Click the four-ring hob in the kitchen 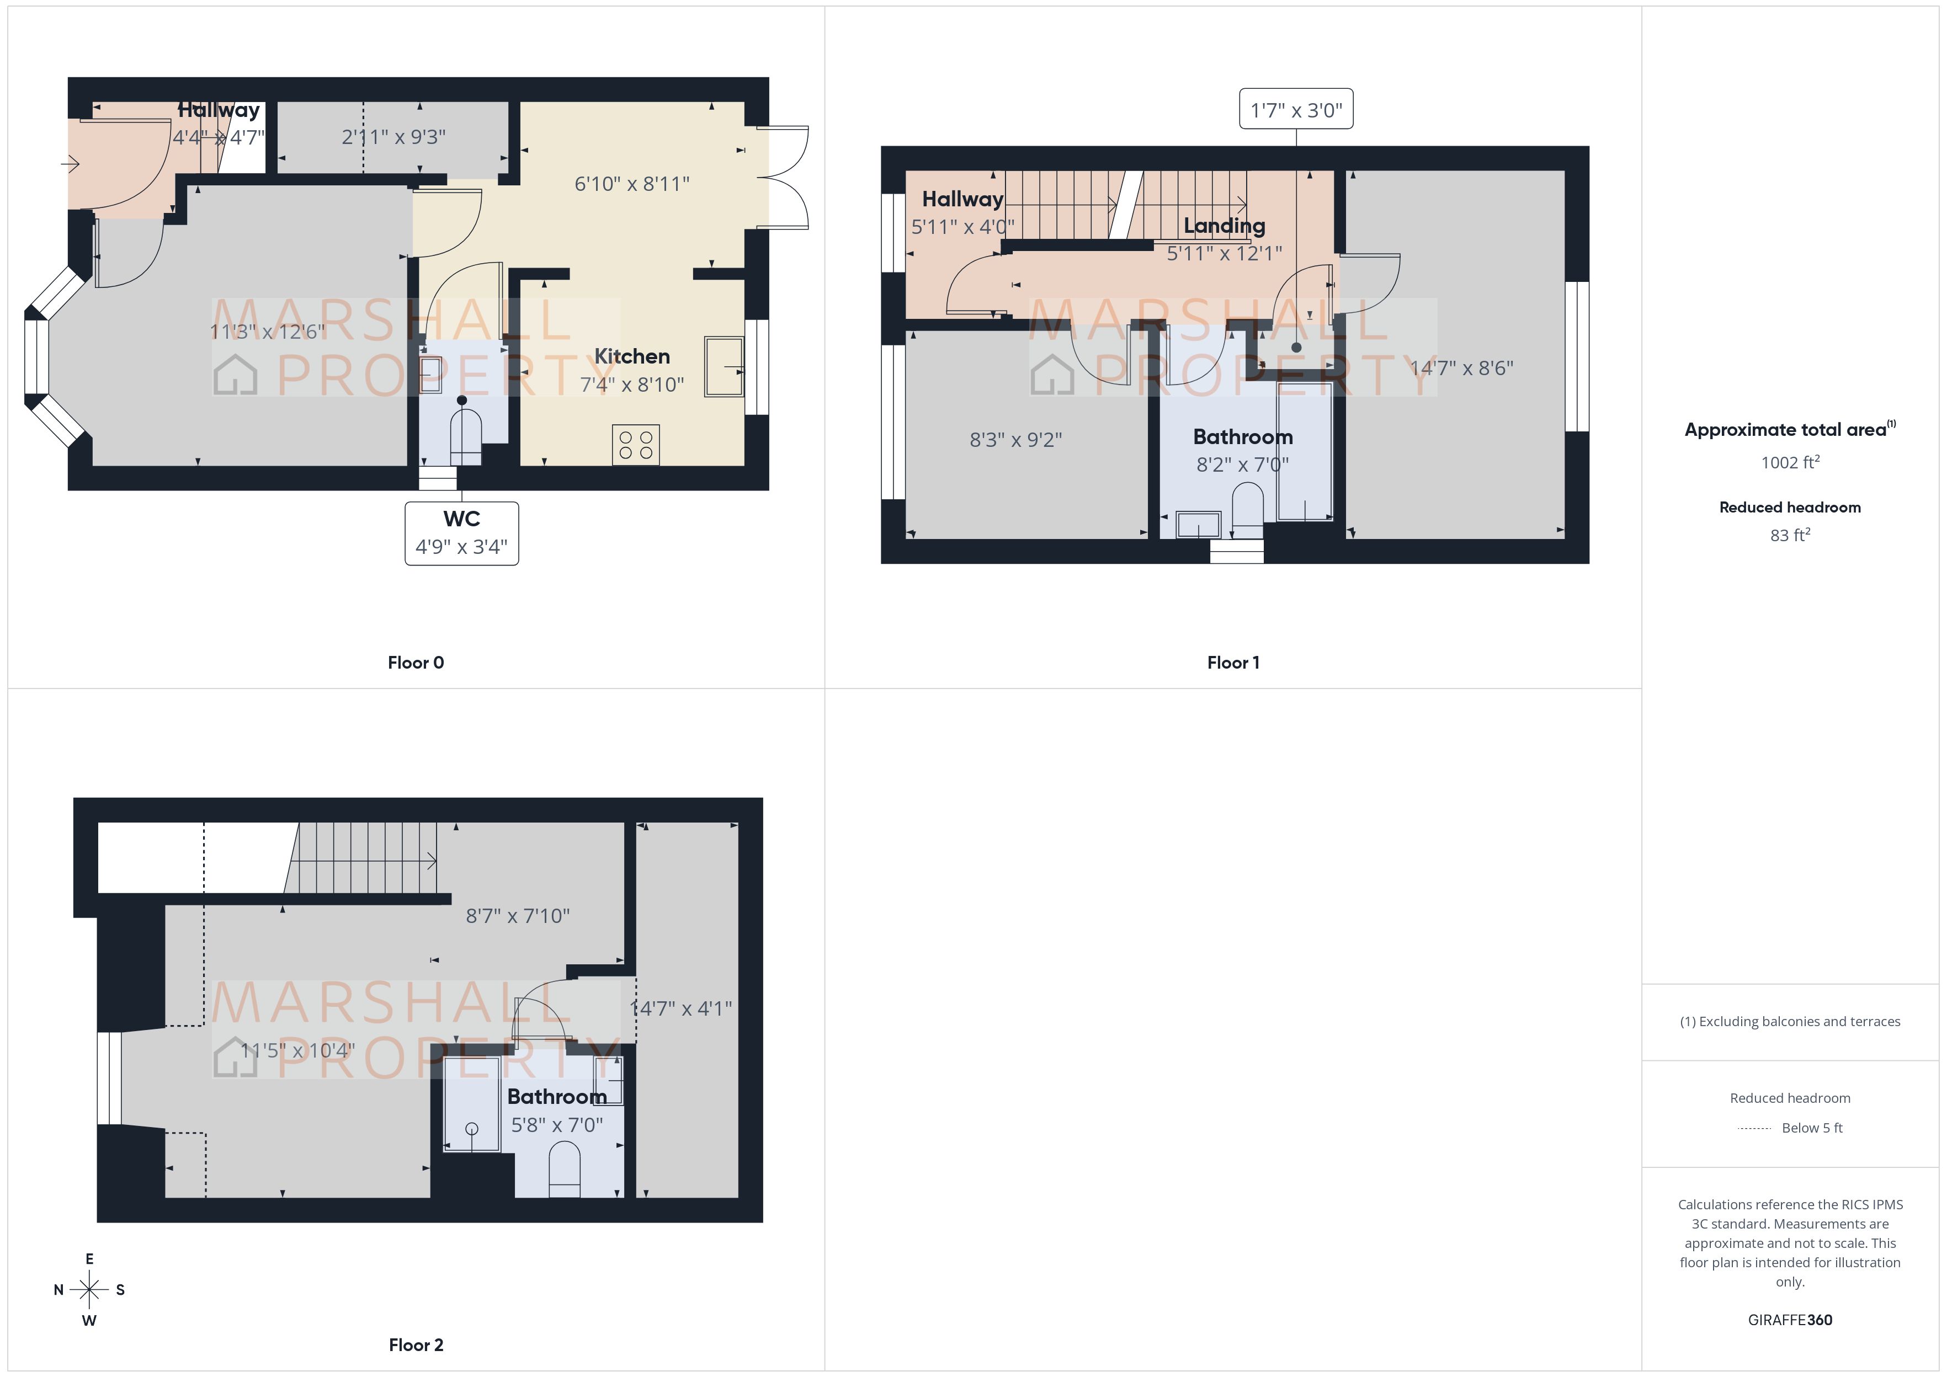tap(635, 444)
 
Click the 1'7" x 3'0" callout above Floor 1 tap(1296, 109)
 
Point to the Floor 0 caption tap(416, 662)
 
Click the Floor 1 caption tap(1233, 662)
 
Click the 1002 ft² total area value tap(1789, 462)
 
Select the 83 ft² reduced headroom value tap(1789, 535)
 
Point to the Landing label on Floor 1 tap(1223, 226)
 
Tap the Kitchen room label tap(632, 356)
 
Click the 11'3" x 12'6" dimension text tap(267, 332)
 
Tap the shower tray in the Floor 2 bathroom tap(471, 1104)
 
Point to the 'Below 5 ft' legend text tap(1812, 1128)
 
